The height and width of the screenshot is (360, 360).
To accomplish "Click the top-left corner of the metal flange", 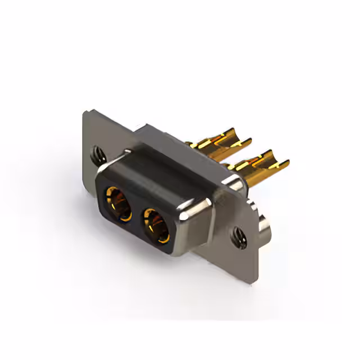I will (84, 113).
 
